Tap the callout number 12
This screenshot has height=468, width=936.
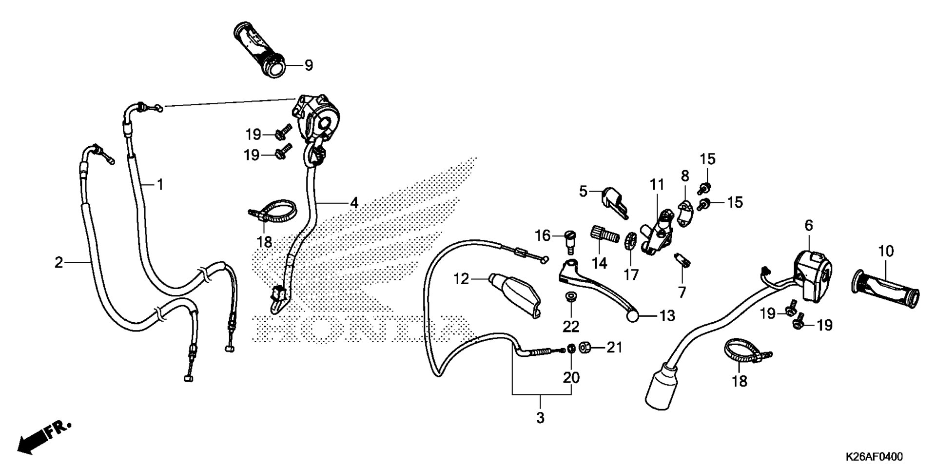pos(461,279)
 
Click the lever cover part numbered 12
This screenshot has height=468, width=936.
pos(515,295)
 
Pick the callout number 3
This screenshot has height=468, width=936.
pos(540,418)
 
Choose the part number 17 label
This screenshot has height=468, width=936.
pos(631,275)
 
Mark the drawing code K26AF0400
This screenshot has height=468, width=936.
pos(874,457)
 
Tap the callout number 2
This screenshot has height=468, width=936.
pos(59,263)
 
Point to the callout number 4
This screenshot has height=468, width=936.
pos(354,202)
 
